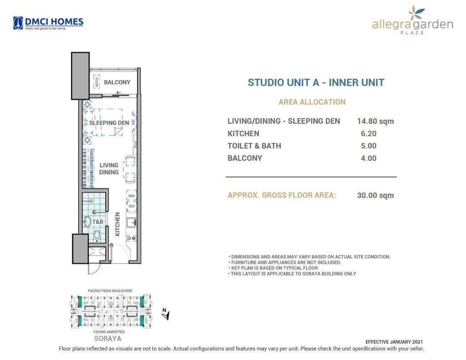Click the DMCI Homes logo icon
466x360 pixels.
pos(18,22)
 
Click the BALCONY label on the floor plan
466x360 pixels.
pos(117,82)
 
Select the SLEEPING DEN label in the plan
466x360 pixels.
pos(109,122)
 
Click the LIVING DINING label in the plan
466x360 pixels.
pos(109,169)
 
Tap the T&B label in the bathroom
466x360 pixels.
pos(98,222)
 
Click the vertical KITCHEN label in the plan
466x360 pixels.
pos(117,224)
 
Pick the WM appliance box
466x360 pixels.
pos(132,196)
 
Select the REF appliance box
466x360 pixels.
pos(132,206)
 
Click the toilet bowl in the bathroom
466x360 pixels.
pos(96,235)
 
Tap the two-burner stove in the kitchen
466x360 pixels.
pos(132,238)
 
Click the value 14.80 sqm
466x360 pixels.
pos(375,122)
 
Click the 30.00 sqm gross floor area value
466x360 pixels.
pos(375,196)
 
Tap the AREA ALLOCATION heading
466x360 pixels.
pos(312,102)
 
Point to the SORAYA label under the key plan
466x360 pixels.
pos(107,339)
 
